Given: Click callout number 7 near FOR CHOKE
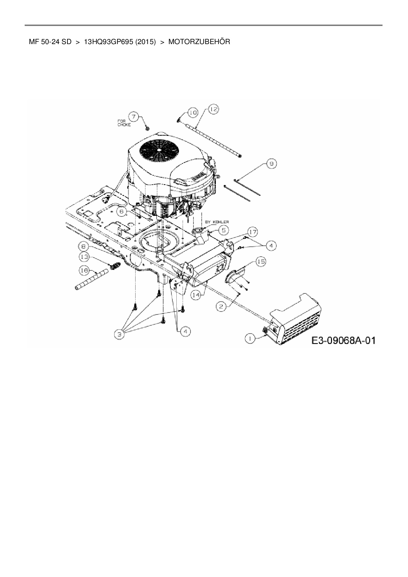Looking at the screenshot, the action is click(133, 116).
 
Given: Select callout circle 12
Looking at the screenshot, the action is click(213, 109).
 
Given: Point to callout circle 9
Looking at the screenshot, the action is click(271, 164).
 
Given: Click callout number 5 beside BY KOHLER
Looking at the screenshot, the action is click(223, 230).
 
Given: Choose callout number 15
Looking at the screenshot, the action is click(261, 262).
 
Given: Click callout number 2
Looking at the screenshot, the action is click(221, 307).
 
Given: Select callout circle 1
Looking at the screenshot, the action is click(251, 338).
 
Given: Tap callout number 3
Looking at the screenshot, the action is click(119, 335).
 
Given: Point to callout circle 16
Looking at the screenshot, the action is click(84, 270).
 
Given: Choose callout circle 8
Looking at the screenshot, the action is click(83, 246).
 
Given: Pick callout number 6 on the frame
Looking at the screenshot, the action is click(121, 212).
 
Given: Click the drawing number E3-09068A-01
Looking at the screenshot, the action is click(343, 340).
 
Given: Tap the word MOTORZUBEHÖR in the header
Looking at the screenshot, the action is click(199, 42).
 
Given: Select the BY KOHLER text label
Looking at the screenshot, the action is click(217, 222).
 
